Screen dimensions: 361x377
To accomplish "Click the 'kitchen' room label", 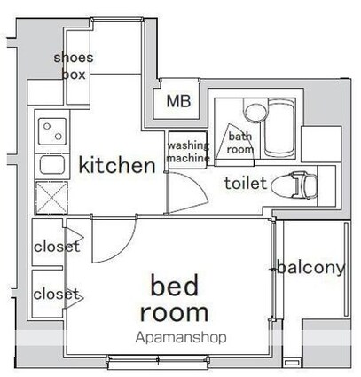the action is (117, 165).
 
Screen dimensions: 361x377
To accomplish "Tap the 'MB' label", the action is (178, 101).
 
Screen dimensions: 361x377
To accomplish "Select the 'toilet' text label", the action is (246, 183).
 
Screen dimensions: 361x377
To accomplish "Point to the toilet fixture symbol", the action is (294, 185).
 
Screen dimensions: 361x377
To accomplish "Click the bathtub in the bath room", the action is (279, 128).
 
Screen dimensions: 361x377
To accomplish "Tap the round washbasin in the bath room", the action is (256, 113).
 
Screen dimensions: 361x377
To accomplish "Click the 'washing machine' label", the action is (188, 152).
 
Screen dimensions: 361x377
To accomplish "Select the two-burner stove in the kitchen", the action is (52, 131).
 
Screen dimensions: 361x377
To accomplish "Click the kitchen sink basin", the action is (52, 165).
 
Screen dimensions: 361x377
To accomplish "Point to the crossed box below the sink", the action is (51, 198).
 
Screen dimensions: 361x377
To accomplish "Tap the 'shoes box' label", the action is (74, 66).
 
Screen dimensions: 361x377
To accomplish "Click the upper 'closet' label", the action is (57, 247).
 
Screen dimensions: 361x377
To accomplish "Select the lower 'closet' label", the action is (57, 294).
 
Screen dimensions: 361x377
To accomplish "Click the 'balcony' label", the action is (311, 268).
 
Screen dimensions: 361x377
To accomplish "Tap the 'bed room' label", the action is (175, 298).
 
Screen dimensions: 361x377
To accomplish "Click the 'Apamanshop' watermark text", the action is (181, 337).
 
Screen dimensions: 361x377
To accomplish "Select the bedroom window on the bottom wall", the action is (159, 361).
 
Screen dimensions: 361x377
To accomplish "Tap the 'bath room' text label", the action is (239, 143).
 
